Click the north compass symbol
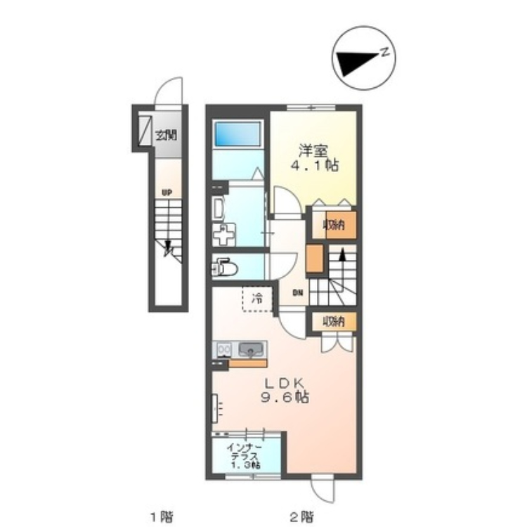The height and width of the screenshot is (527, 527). click(x=364, y=58)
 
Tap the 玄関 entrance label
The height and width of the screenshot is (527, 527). click(x=166, y=135)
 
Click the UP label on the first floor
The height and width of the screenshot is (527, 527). click(x=167, y=193)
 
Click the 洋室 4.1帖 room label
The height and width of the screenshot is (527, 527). click(x=314, y=158)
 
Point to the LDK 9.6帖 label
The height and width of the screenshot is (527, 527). click(x=285, y=390)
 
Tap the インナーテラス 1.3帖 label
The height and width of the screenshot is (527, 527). click(x=245, y=456)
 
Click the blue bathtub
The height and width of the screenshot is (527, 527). click(x=238, y=134)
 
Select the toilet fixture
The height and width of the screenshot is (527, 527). click(x=225, y=268)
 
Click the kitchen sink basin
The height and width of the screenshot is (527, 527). click(x=251, y=349)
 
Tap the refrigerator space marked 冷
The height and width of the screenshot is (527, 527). click(x=257, y=299)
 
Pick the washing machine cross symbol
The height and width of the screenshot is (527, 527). click(x=224, y=235)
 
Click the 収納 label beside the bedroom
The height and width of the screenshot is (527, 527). click(x=334, y=225)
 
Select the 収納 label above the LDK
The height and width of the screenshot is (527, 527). click(x=334, y=322)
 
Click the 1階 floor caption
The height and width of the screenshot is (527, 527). click(x=162, y=515)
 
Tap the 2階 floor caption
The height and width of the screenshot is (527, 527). click(x=301, y=515)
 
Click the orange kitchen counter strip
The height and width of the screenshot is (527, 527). click(x=248, y=363)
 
